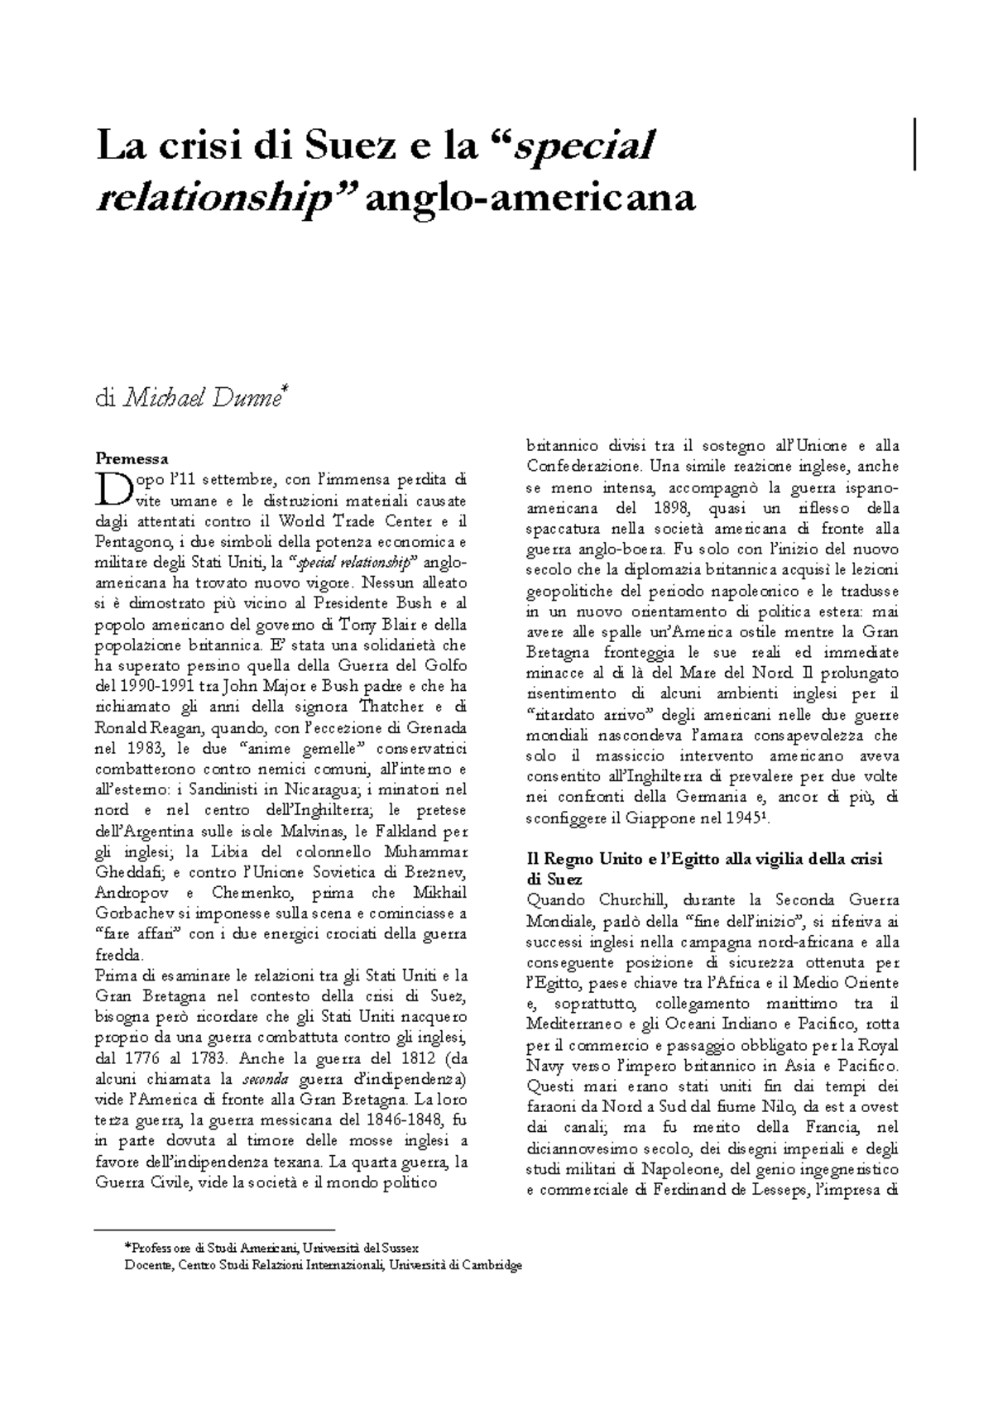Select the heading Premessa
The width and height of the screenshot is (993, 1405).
point(132,458)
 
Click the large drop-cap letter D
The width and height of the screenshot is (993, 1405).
point(109,488)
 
